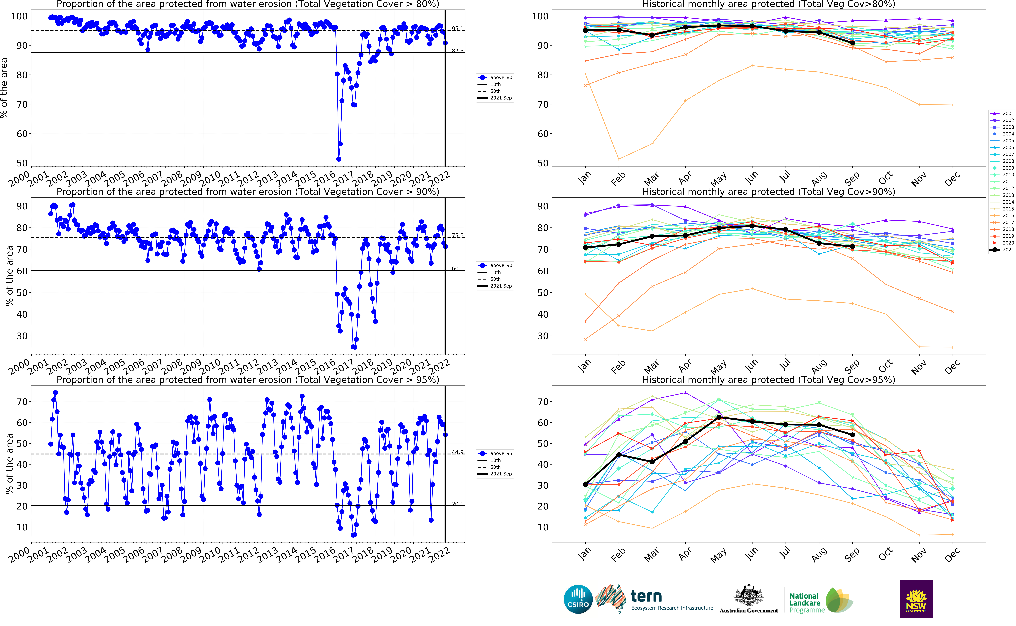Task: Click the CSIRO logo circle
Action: coord(578,599)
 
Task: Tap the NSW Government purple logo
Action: coord(916,599)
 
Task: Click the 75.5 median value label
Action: coord(458,236)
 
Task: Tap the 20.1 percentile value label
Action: coord(458,504)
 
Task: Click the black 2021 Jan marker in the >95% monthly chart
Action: coord(585,484)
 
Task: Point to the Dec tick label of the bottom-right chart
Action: coord(952,555)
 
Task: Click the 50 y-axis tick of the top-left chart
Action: coord(22,163)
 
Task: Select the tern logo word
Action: coord(646,597)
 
